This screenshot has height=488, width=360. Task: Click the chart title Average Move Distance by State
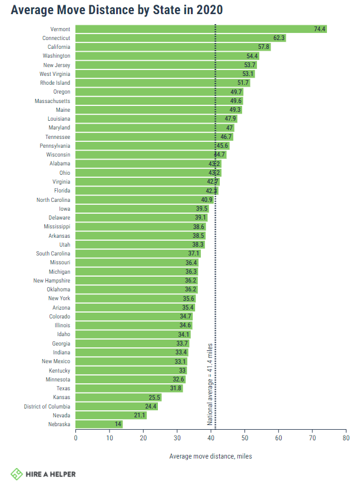(117, 10)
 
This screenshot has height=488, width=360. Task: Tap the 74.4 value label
(319, 29)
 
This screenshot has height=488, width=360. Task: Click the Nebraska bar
(98, 424)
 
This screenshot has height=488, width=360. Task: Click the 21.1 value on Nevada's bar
(138, 415)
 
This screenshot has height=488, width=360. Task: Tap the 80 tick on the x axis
(345, 438)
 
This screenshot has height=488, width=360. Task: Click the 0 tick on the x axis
(75, 438)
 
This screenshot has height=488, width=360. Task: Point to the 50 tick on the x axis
(245, 438)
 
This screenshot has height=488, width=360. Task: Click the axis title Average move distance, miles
(210, 456)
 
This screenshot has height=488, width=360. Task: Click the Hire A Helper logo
(43, 474)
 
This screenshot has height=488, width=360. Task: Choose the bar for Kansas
(118, 397)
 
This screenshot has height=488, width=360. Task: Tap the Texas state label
(63, 388)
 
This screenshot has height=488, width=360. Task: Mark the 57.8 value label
(263, 47)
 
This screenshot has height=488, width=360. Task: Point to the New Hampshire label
(52, 280)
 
